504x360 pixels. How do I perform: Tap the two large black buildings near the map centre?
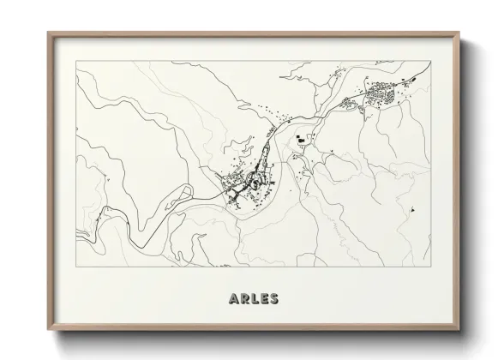tap(300, 141)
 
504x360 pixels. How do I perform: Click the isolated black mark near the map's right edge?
tap(412, 208)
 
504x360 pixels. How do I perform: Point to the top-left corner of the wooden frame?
tap(48, 33)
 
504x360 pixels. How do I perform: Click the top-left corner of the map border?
tap(76, 60)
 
